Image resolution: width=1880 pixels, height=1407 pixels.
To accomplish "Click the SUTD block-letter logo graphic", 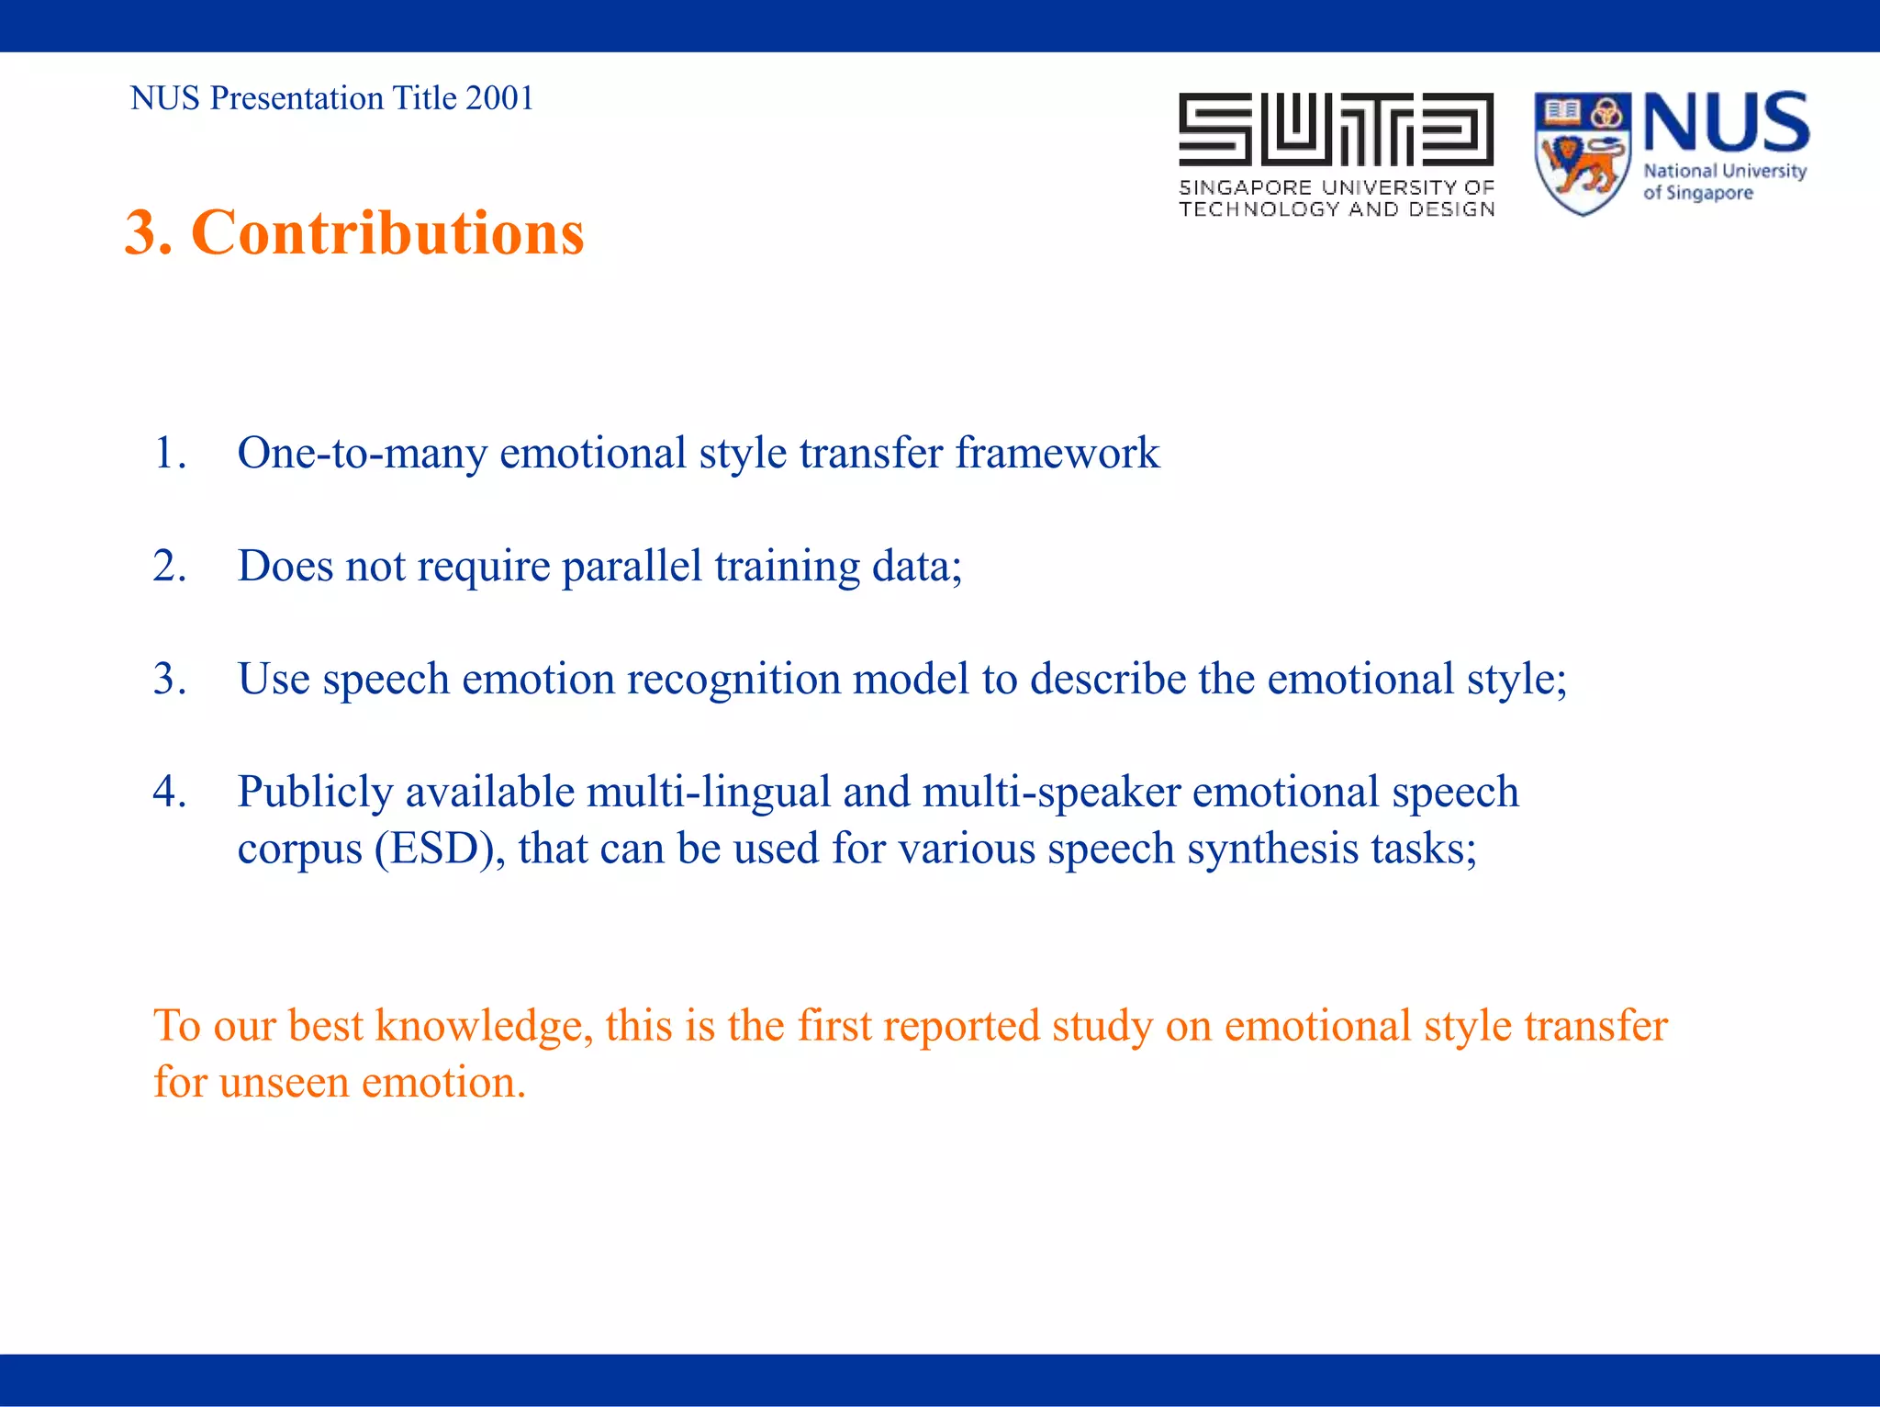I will click(x=1336, y=129).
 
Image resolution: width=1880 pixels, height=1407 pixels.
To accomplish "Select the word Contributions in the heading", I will click(x=387, y=232).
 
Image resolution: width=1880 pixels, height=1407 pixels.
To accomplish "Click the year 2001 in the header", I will click(x=499, y=98).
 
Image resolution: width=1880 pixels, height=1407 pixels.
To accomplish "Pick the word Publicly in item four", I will click(x=315, y=792).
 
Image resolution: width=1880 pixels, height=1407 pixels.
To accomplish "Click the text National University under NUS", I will click(x=1724, y=171).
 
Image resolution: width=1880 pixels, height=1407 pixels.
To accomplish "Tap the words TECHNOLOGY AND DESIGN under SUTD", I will click(x=1337, y=209).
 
